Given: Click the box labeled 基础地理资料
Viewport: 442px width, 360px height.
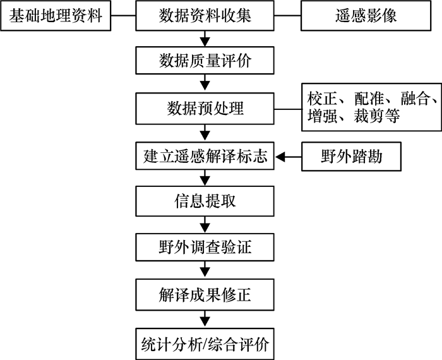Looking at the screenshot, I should click(x=56, y=15).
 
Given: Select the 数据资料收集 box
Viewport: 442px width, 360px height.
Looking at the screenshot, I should click(x=205, y=15).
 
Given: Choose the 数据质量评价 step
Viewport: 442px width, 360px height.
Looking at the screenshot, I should click(x=205, y=61).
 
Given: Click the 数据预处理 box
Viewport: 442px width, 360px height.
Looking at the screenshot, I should click(x=205, y=108).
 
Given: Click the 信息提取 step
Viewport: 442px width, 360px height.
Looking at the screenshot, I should click(x=205, y=201).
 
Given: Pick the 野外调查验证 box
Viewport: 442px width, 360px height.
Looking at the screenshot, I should click(x=205, y=248).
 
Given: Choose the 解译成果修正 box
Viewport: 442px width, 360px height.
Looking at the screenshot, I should click(x=205, y=294).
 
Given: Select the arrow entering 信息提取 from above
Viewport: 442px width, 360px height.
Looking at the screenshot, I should click(x=205, y=179).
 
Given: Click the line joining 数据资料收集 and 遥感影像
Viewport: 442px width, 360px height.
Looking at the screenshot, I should click(x=287, y=15).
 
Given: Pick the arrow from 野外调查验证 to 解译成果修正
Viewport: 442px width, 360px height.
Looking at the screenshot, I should click(x=205, y=271).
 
